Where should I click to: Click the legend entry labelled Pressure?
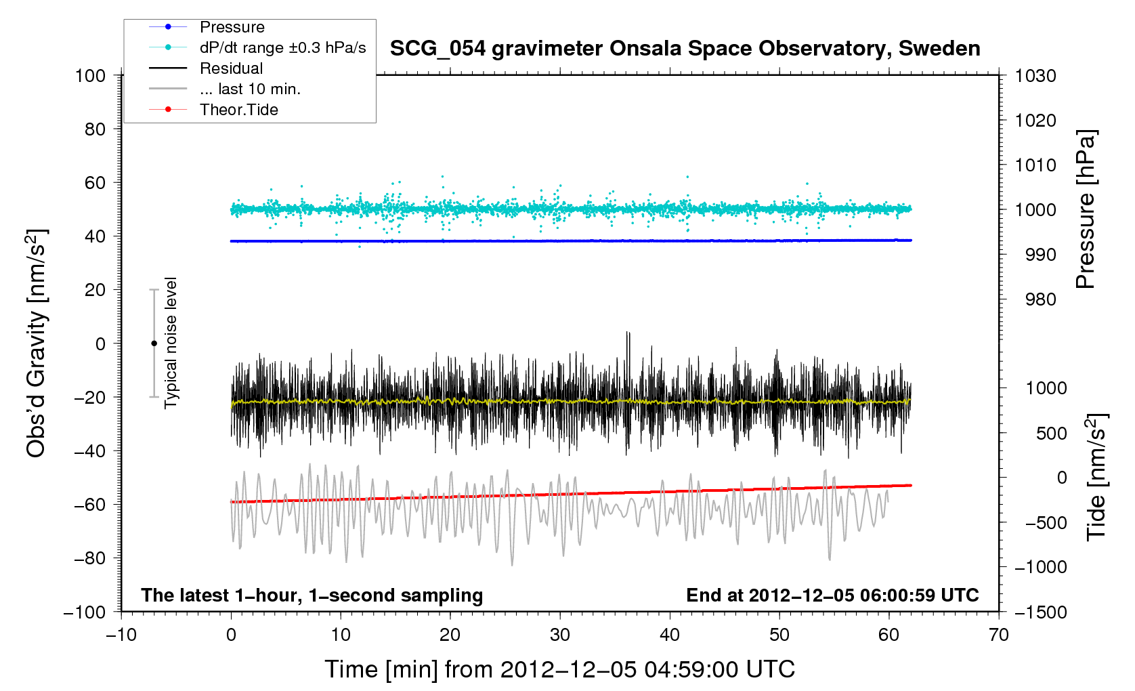[232, 27]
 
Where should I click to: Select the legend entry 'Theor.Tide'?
[238, 110]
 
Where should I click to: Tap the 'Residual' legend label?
[231, 68]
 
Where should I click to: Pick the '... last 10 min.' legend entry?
[250, 89]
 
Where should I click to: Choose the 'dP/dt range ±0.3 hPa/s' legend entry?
[282, 47]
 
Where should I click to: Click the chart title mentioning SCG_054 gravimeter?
[685, 49]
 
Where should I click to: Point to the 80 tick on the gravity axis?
[95, 129]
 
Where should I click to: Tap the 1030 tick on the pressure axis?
[1035, 76]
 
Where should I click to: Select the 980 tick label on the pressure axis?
[1035, 299]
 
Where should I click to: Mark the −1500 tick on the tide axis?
[1040, 612]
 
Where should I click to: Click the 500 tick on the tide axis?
[1051, 434]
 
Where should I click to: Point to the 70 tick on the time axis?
[999, 635]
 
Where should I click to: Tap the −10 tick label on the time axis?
[121, 635]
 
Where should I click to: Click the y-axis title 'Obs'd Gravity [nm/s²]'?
[36, 343]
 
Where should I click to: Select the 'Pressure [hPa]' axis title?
[1086, 209]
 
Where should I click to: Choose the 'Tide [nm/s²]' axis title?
[1096, 477]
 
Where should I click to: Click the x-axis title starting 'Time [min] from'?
[559, 669]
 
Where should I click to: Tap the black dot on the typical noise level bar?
[154, 343]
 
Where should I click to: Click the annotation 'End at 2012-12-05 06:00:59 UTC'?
[832, 595]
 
